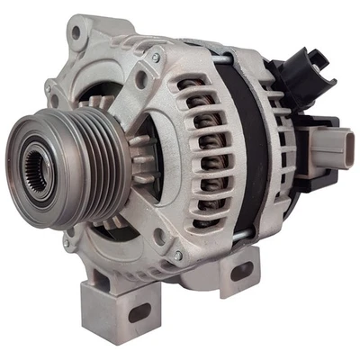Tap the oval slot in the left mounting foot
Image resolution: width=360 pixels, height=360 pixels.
(x=139, y=311)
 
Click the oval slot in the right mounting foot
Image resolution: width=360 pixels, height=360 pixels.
(x=243, y=270)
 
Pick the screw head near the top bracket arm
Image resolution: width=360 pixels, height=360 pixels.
(x=157, y=58)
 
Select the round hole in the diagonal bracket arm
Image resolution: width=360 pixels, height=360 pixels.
(x=141, y=80)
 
